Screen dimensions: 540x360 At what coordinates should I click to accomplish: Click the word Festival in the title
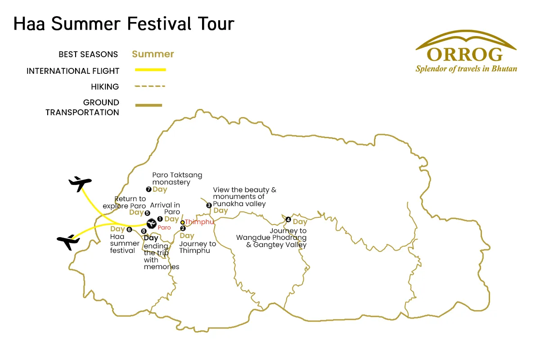point(159,24)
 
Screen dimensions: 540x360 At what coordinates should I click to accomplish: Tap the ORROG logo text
point(464,54)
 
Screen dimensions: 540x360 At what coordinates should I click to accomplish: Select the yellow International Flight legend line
point(150,70)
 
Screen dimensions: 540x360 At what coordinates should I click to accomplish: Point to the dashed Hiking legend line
point(150,86)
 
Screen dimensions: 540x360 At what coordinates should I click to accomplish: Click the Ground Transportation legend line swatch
point(148,105)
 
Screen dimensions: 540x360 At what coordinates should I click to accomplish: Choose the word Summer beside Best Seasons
point(153,54)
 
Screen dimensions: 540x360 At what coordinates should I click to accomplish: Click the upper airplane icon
point(80,184)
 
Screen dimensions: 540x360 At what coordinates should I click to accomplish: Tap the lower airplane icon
point(68,242)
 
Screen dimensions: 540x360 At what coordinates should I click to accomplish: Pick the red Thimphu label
point(199,222)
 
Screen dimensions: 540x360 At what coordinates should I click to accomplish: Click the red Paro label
point(164,227)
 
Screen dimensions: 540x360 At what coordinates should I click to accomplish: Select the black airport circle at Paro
point(151,224)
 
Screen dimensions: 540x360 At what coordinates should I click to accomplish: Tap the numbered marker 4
point(288,220)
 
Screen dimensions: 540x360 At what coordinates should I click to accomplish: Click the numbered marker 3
point(209,206)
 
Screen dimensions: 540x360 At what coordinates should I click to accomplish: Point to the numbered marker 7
point(149,189)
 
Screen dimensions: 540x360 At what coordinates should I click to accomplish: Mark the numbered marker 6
point(130,229)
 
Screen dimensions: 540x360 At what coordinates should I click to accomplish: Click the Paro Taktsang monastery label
point(177,179)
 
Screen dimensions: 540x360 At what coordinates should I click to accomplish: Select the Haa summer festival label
point(125,243)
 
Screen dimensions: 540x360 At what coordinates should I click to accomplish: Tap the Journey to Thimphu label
point(198,247)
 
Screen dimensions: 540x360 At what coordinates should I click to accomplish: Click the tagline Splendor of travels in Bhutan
point(466,69)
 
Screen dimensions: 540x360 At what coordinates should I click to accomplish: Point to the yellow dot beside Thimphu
point(183,222)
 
